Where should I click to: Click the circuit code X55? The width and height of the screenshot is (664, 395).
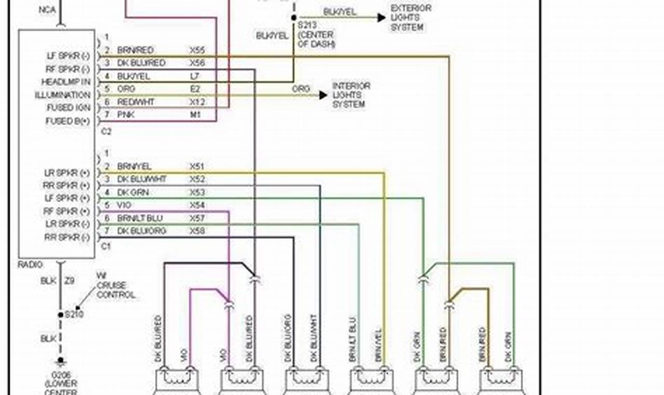tap(197, 50)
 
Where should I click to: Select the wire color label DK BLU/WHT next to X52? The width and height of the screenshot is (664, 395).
tap(142, 179)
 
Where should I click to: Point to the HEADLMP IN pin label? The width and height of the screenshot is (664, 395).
tap(66, 82)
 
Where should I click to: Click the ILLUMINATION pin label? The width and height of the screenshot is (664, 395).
tap(62, 95)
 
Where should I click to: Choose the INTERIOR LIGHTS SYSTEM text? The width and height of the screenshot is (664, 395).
tap(351, 95)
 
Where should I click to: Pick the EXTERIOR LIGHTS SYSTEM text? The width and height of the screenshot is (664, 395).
tap(410, 18)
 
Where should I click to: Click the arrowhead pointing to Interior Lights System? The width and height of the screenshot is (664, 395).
tap(323, 95)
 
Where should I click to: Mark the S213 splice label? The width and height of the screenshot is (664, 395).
tap(307, 24)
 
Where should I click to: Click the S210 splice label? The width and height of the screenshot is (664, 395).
tap(74, 314)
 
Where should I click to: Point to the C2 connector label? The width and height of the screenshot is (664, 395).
tap(105, 131)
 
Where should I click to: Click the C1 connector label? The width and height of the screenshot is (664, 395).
tap(105, 246)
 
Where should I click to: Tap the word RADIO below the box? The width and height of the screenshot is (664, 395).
tap(30, 264)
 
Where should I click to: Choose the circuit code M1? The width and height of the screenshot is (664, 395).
tap(195, 114)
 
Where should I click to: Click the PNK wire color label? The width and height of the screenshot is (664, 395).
tap(126, 114)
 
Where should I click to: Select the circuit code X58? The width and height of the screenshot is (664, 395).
tap(197, 231)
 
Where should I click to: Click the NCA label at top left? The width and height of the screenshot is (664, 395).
tap(47, 10)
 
